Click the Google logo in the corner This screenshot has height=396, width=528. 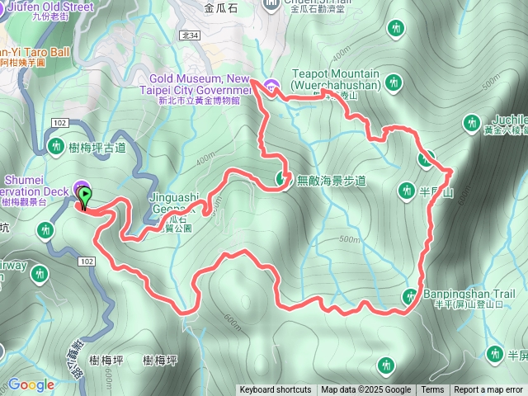tap(31, 385)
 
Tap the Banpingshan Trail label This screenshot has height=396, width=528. tap(468, 293)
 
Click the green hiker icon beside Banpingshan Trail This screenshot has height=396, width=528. tap(410, 296)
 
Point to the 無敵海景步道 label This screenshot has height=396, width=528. tap(331, 180)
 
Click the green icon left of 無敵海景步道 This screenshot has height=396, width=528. tap(282, 178)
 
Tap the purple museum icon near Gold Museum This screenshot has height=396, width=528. tap(273, 85)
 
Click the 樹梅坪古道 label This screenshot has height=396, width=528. tap(97, 148)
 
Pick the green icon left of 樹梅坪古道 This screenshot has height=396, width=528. tap(56, 147)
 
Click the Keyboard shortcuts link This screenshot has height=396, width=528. tap(276, 390)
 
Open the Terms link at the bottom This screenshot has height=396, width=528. tap(432, 390)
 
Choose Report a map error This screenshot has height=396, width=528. tap(488, 390)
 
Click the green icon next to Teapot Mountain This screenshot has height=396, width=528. tap(394, 82)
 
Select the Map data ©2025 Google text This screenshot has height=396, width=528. tap(365, 390)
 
